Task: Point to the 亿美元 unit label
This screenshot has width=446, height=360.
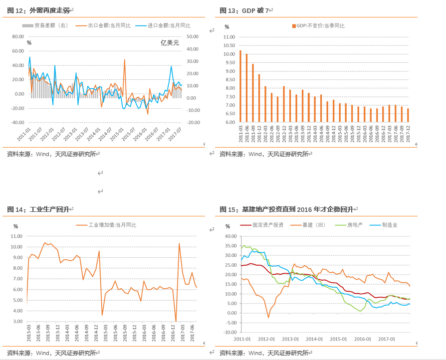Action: tap(170, 43)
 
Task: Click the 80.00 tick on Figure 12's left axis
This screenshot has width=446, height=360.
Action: tap(17, 36)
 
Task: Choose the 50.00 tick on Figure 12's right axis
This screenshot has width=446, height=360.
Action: tap(193, 36)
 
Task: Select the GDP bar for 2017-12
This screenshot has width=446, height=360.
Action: tap(408, 115)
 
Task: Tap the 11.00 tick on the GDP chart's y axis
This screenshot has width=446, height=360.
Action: tap(229, 37)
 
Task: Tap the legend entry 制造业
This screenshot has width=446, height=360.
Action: tap(390, 225)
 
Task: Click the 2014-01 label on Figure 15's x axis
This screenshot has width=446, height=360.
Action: tap(314, 339)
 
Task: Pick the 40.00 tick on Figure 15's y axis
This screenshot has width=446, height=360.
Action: tap(229, 236)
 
